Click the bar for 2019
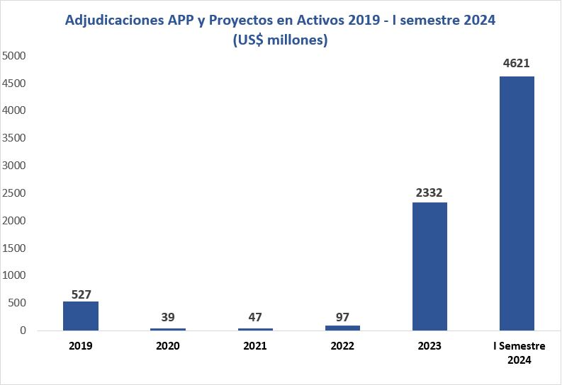[80, 316]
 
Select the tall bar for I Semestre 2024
[517, 203]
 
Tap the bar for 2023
[429, 266]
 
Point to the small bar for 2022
[342, 328]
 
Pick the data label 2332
[429, 192]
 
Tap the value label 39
[168, 317]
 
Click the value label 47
[255, 317]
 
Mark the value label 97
[342, 316]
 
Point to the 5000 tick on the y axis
[15, 55]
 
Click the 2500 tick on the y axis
[15, 193]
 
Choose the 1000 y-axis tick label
[15, 275]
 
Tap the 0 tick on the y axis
[23, 331]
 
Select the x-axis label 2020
[168, 347]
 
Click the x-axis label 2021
[255, 347]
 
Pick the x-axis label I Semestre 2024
[517, 352]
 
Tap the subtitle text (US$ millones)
[280, 40]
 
